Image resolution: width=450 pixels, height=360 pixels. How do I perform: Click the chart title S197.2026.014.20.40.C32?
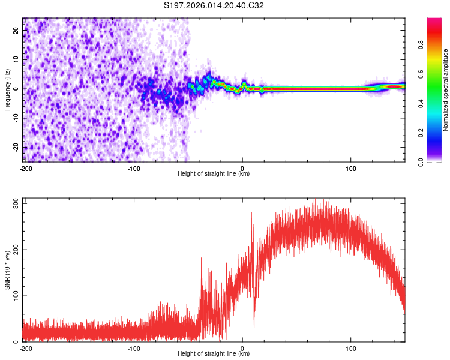[x=214, y=6]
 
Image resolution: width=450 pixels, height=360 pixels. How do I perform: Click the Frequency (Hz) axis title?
[x=8, y=90]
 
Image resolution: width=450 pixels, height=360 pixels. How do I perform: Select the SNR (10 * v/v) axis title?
[x=8, y=269]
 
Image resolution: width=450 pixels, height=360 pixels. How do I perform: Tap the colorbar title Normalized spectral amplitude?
[x=445, y=90]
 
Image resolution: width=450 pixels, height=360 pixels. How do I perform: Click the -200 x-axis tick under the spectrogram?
[x=26, y=167]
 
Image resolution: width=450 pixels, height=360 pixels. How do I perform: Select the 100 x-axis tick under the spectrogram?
[x=351, y=167]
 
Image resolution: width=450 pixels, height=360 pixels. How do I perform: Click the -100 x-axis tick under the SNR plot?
[x=134, y=348]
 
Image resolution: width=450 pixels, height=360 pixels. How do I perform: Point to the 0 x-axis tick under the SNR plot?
[x=242, y=348]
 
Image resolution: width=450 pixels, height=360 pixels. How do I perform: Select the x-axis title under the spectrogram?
[x=214, y=174]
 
